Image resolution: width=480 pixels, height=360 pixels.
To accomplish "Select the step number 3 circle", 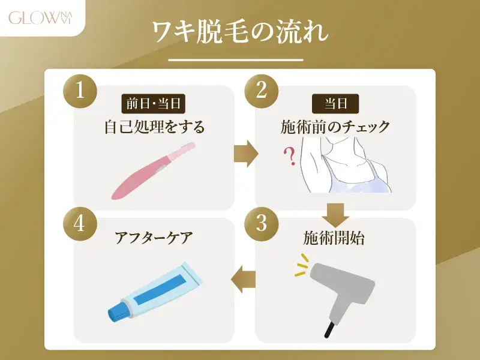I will click(x=261, y=223).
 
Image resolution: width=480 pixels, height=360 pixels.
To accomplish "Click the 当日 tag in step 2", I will click(x=336, y=103).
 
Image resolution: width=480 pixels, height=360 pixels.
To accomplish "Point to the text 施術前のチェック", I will click(x=335, y=127).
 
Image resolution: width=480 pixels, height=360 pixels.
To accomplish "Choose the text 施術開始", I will click(x=335, y=238).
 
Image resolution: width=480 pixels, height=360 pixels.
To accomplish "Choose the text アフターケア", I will click(x=154, y=238).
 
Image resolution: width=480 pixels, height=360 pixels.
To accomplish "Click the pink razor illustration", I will click(x=153, y=171).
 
